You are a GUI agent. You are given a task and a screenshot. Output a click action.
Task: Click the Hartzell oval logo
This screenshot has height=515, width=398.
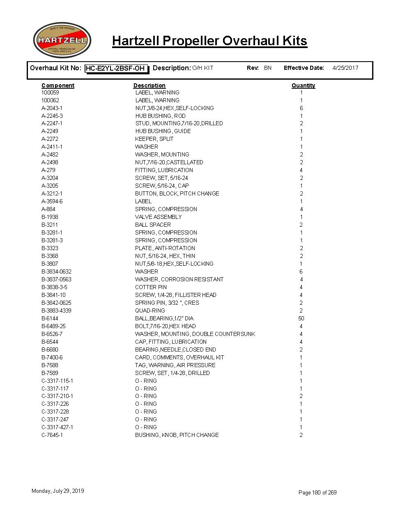62,40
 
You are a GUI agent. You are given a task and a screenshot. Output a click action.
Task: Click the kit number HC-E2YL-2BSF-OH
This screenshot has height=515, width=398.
115,69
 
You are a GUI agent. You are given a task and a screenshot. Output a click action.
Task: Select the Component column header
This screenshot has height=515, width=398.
58,85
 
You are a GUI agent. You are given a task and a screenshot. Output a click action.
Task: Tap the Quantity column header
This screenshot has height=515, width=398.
303,85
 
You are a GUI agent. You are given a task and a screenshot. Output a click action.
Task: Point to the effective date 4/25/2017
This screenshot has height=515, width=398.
345,68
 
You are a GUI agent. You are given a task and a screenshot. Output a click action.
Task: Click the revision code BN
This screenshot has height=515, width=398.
268,68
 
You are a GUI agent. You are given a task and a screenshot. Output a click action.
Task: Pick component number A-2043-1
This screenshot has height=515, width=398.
52,108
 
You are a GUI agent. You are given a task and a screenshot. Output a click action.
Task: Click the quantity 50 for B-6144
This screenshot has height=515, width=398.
301,318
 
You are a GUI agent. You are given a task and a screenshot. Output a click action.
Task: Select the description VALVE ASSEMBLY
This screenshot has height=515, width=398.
158,217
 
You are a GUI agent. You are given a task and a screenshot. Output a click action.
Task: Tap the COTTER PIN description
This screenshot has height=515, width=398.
151,287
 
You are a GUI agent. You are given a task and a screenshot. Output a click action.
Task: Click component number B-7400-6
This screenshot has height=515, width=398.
52,357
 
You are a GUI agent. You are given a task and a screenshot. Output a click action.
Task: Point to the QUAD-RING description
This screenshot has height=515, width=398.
150,310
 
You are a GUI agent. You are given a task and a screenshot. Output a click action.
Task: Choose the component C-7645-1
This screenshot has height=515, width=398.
52,435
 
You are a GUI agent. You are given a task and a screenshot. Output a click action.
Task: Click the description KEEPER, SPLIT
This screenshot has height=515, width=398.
154,139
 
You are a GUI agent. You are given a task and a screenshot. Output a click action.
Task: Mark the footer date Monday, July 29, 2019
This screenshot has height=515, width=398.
58,491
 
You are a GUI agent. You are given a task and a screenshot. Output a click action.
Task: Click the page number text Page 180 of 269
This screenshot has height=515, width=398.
317,492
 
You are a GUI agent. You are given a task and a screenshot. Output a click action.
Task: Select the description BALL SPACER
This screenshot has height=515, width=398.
153,225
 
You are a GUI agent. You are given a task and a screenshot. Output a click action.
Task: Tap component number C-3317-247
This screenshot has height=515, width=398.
55,419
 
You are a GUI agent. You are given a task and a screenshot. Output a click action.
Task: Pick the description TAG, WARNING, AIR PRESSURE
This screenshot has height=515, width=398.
175,365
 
